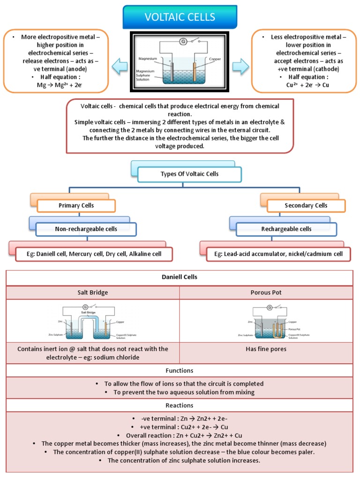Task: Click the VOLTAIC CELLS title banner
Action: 180,17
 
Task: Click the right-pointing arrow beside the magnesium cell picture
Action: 240,67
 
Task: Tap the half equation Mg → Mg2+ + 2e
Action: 63,84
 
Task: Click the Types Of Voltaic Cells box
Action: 189,174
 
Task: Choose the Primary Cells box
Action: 76,205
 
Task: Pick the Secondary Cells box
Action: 306,205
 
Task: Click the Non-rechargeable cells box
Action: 86,229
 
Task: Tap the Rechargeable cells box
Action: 286,229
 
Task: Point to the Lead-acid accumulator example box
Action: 278,254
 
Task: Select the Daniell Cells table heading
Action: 180,277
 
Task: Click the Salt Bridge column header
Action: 93,292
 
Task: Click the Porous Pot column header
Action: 266,292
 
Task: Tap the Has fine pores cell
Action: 266,349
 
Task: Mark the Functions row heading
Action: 180,370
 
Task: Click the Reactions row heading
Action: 180,405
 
